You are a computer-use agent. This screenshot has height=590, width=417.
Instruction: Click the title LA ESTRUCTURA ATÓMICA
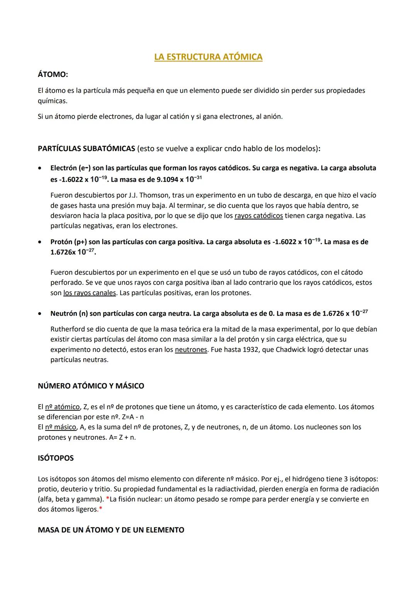pyautogui.click(x=208, y=57)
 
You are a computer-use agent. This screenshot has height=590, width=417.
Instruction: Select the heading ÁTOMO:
pyautogui.click(x=53, y=75)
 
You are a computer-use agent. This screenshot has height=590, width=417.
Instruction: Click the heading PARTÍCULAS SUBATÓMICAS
pyautogui.click(x=86, y=148)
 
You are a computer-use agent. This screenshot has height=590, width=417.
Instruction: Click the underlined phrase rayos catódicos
pyautogui.click(x=258, y=216)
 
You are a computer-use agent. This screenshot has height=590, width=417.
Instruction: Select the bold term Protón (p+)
pyautogui.click(x=68, y=242)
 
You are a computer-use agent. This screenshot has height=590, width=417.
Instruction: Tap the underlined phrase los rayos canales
pyautogui.click(x=89, y=293)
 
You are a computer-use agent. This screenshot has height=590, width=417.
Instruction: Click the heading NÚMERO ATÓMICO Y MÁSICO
pyautogui.click(x=91, y=386)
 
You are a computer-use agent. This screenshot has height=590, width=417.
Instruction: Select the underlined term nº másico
pyautogui.click(x=61, y=427)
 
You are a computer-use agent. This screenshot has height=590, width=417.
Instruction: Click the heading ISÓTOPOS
pyautogui.click(x=56, y=458)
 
